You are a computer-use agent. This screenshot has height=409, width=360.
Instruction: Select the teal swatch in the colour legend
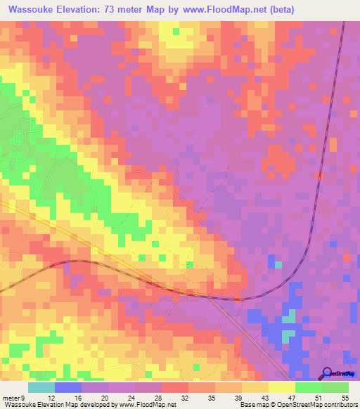click(x=41, y=388)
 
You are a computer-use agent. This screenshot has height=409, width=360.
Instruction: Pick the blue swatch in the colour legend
click(x=68, y=388)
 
